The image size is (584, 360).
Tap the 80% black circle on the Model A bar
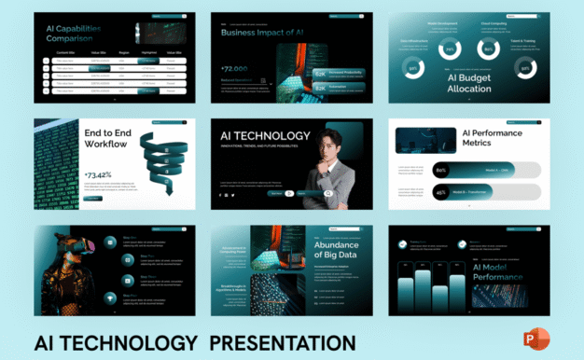[441, 170]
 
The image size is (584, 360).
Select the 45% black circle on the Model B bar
[441, 193]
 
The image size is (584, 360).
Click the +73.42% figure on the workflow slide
[99, 174]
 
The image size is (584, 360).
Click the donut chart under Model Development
[450, 49]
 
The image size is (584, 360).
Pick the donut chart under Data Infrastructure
[413, 69]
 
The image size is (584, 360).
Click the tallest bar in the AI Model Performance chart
[422, 289]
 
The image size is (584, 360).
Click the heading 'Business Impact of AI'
[261, 32]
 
